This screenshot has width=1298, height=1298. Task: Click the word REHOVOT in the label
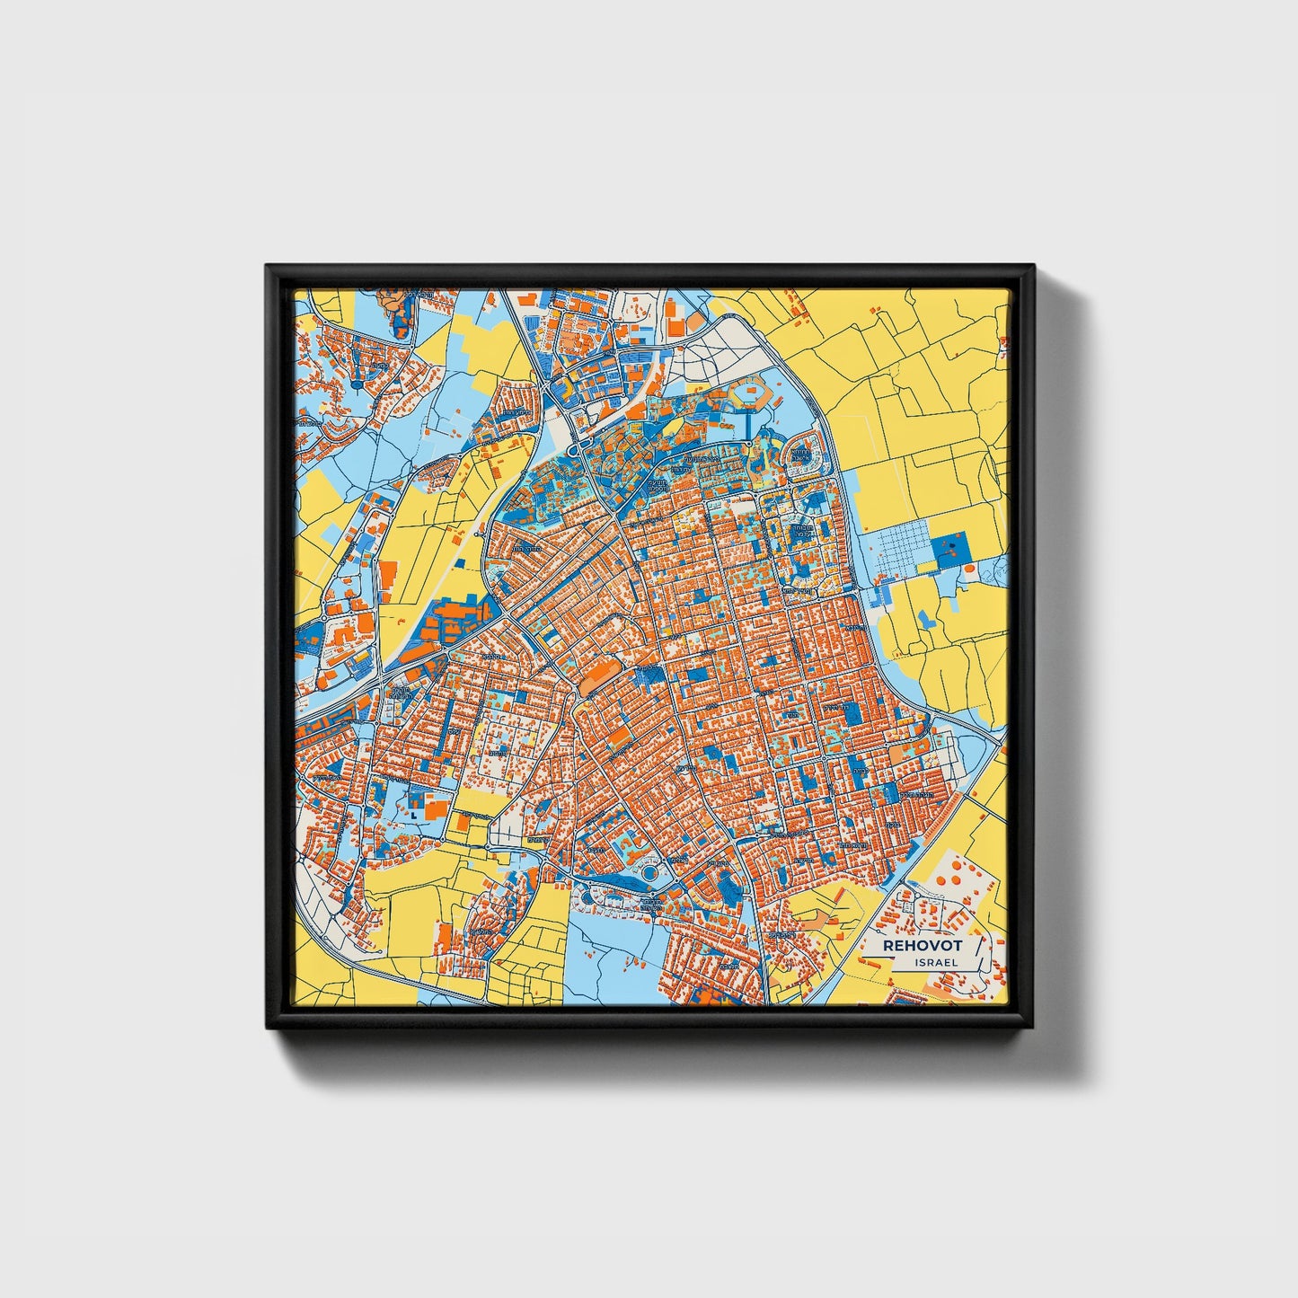[x=922, y=946]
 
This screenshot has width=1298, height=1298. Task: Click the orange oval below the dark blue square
[x=970, y=570]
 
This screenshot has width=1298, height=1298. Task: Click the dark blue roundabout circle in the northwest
[x=357, y=384]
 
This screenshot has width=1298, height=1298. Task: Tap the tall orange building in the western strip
[x=388, y=580]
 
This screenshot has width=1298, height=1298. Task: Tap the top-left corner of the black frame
[x=267, y=266]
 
